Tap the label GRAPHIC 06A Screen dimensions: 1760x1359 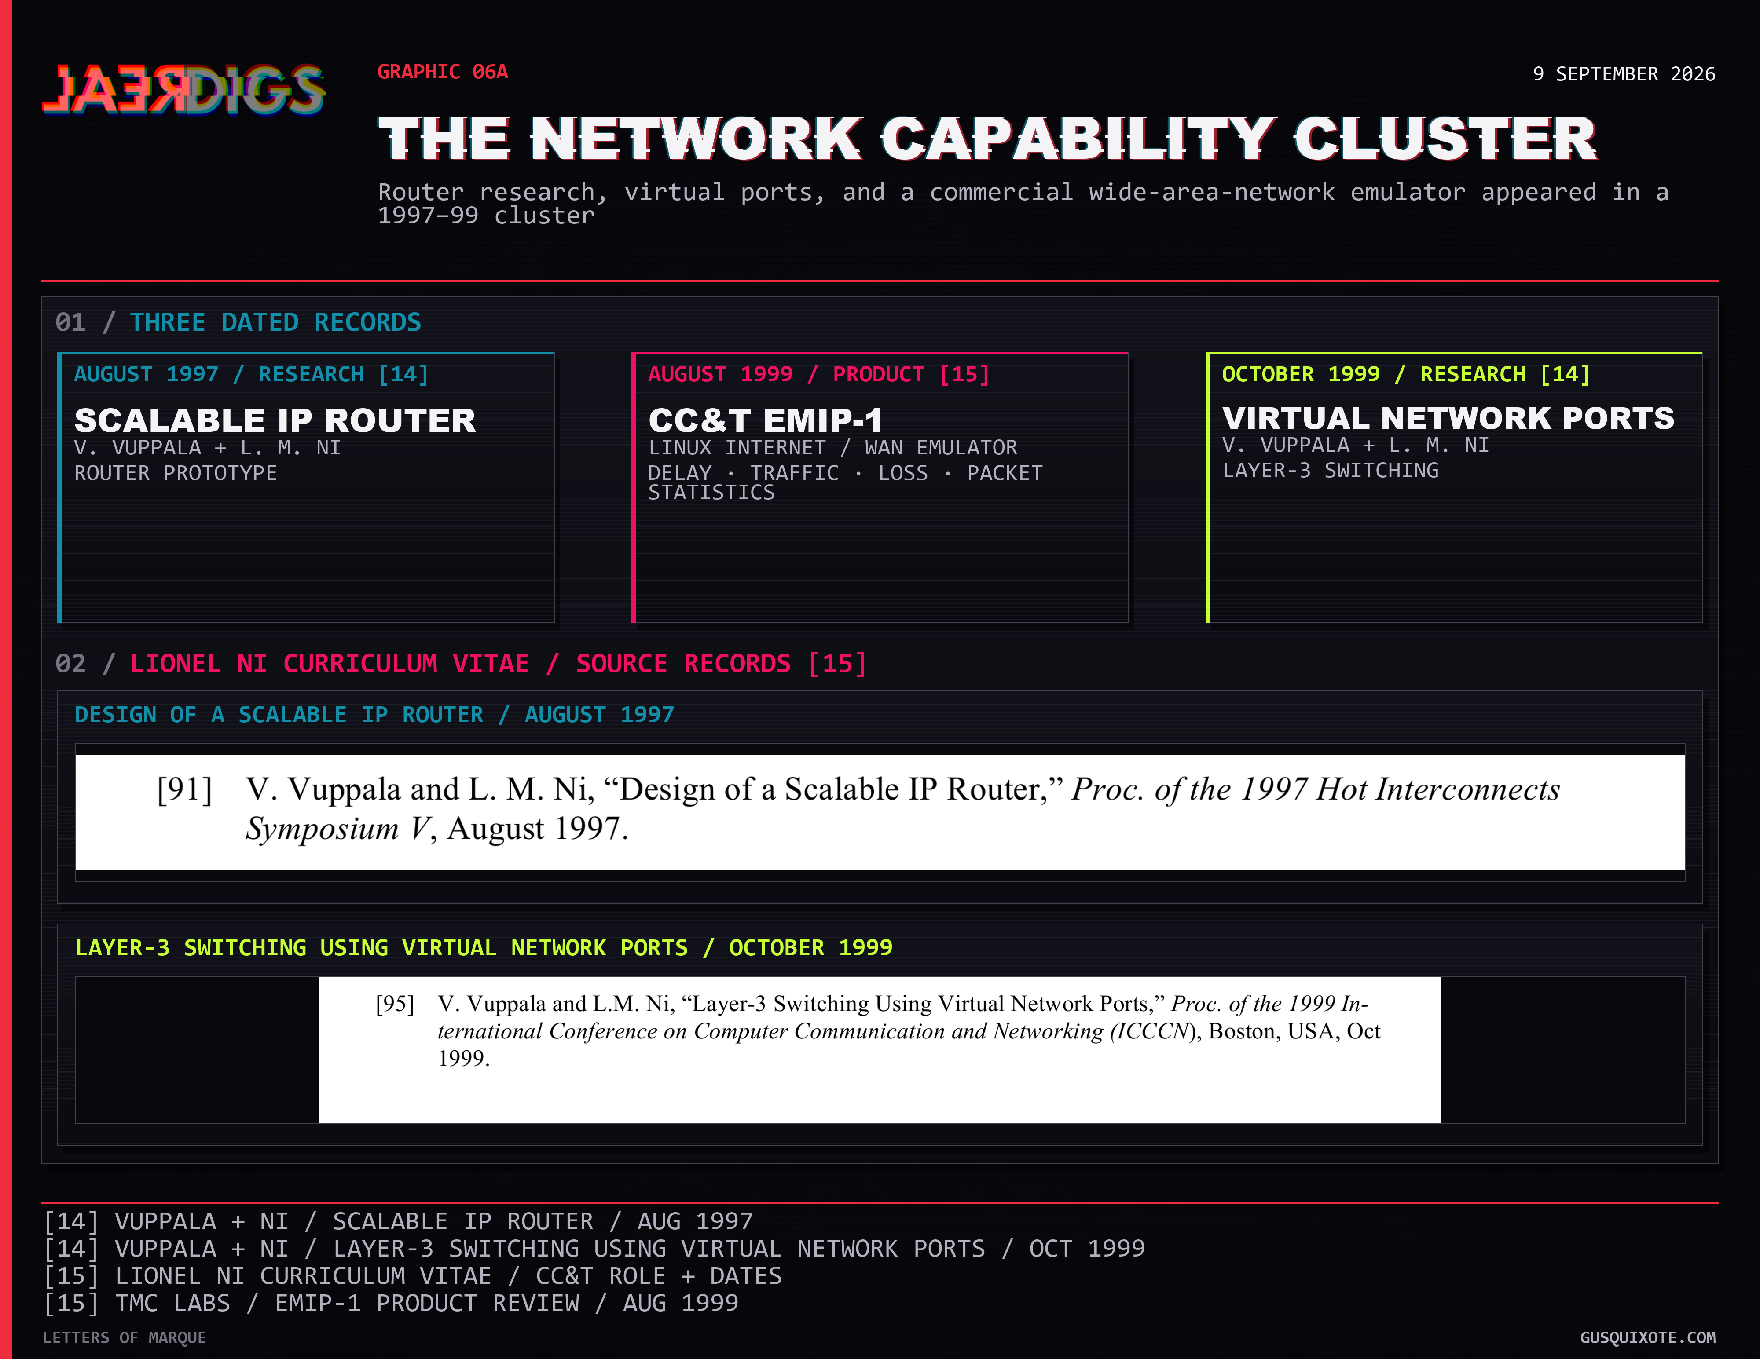coord(442,72)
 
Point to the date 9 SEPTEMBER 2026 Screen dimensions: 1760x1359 coord(1624,74)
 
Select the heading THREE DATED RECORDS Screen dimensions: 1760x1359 coord(275,322)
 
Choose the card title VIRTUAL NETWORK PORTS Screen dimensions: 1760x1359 coord(1448,418)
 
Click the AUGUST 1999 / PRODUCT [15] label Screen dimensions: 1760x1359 coord(818,375)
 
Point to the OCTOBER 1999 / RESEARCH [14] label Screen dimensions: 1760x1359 coord(1405,375)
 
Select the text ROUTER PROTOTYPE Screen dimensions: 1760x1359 coord(176,473)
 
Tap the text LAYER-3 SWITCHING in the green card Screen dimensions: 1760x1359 coord(1331,471)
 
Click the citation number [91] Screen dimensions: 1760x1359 coord(184,789)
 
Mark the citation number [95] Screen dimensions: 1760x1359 coord(395,1004)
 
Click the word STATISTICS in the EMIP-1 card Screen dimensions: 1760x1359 coord(711,492)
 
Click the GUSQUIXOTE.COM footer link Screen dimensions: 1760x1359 coord(1648,1338)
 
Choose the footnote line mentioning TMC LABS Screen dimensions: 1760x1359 coord(391,1303)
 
